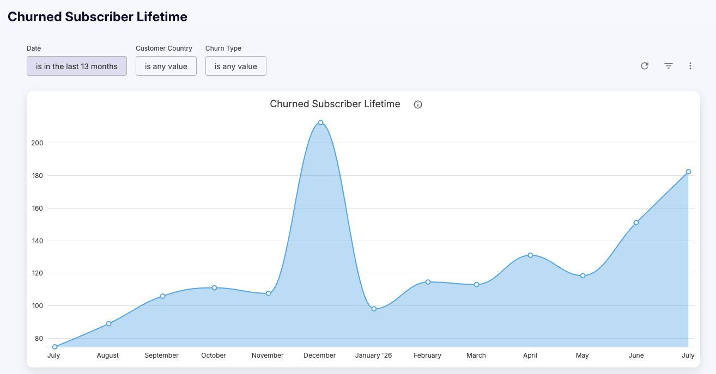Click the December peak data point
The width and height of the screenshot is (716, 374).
(320, 122)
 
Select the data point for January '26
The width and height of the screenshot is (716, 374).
(374, 309)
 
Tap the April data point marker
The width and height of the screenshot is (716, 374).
(530, 255)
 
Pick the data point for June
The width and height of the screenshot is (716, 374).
(636, 223)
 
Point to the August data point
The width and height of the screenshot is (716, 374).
(108, 323)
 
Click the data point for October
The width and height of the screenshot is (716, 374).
(215, 288)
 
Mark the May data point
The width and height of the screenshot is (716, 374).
(582, 275)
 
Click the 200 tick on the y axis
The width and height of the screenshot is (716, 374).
(37, 143)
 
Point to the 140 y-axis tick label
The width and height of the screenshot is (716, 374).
(38, 241)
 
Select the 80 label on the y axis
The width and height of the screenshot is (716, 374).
(39, 338)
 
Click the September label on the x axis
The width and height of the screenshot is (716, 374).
(161, 355)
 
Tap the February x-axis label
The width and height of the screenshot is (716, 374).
(427, 355)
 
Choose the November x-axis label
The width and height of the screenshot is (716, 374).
(268, 355)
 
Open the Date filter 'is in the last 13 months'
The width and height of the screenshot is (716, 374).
(77, 66)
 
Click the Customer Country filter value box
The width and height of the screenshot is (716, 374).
(166, 66)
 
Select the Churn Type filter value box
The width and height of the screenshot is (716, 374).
(235, 66)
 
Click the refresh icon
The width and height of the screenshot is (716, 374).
(645, 66)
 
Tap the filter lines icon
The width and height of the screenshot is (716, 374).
(669, 66)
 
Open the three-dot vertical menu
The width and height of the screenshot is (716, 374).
(690, 66)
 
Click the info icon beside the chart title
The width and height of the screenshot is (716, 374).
(418, 105)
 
